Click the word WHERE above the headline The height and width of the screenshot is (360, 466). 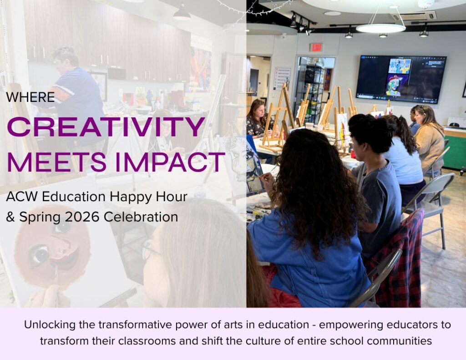[x=30, y=97]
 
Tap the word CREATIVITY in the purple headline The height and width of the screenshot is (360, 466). [x=106, y=127]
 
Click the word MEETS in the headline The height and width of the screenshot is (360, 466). [x=57, y=162]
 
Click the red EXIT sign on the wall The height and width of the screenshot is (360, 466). [x=316, y=47]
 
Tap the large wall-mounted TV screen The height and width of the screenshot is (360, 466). [x=401, y=79]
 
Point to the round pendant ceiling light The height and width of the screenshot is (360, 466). [x=381, y=28]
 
